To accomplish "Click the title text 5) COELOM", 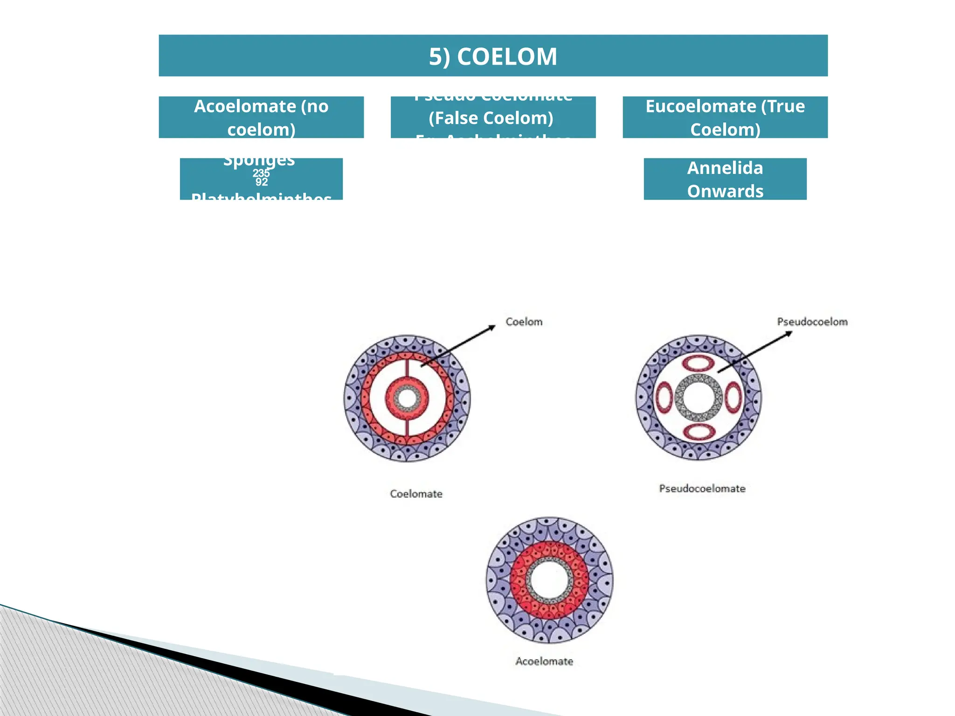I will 493,56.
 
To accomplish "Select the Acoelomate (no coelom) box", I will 261,117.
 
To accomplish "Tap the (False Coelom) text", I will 491,118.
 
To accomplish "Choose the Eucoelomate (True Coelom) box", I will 725,117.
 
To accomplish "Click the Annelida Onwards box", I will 725,179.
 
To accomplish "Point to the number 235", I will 261,173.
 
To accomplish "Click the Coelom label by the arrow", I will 524,322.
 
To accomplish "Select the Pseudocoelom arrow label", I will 812,322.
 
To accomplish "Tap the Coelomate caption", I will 416,494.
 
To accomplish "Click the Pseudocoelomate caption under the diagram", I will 702,489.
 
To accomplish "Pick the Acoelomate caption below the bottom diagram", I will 544,661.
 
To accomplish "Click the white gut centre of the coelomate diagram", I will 407,399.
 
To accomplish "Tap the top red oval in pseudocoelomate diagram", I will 698,363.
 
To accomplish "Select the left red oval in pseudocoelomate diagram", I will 664,398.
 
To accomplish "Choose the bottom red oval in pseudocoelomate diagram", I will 699,432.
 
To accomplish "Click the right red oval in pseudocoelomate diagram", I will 733,398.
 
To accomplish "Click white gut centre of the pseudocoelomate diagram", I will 699,398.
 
